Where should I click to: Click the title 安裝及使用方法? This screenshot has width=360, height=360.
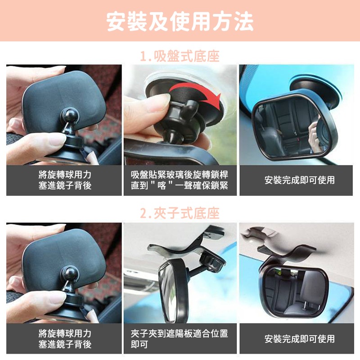coord(180,22)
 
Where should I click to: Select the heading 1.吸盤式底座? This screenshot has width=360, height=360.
coord(180,57)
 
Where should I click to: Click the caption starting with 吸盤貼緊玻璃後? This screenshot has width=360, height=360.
coord(180,180)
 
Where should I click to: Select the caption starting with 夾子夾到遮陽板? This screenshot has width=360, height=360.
coord(180,339)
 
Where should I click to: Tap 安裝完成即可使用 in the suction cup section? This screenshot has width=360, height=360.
coord(300,180)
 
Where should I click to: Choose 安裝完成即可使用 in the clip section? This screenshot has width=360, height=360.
coord(300,339)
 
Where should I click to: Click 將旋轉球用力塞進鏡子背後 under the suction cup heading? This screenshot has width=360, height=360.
coord(65,180)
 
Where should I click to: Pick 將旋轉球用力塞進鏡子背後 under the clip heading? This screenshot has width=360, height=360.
coord(65,339)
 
